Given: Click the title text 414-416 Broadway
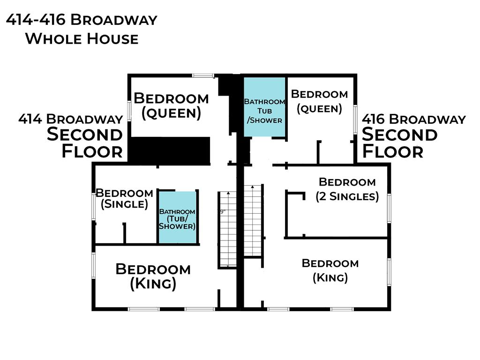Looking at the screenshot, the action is coord(82,20).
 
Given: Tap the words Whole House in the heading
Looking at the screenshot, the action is coord(82,39).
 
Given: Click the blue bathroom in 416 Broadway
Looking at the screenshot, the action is coord(264,107).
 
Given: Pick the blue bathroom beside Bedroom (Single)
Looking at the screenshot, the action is coord(177,217).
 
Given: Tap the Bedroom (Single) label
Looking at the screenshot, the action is coord(124,199).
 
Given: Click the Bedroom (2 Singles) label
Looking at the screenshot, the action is coord(347,189).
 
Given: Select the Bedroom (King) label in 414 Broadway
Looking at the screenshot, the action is coord(153,277).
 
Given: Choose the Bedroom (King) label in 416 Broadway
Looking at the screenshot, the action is coord(330,270).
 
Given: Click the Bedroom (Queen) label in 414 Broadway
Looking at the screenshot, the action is coord(171,106).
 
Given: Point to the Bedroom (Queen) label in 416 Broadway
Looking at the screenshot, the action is coord(319,102).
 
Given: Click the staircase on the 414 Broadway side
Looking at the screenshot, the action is coord(228,230).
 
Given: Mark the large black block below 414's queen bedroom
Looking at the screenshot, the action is coord(169,150).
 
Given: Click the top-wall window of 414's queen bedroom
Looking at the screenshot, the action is coord(203,75).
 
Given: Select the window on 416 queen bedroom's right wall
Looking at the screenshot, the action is coord(355,120).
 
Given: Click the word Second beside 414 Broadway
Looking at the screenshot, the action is coord(85,135).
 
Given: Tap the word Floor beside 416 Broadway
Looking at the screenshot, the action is coord(393,151).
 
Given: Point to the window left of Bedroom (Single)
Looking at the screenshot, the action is coord(94,206).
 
